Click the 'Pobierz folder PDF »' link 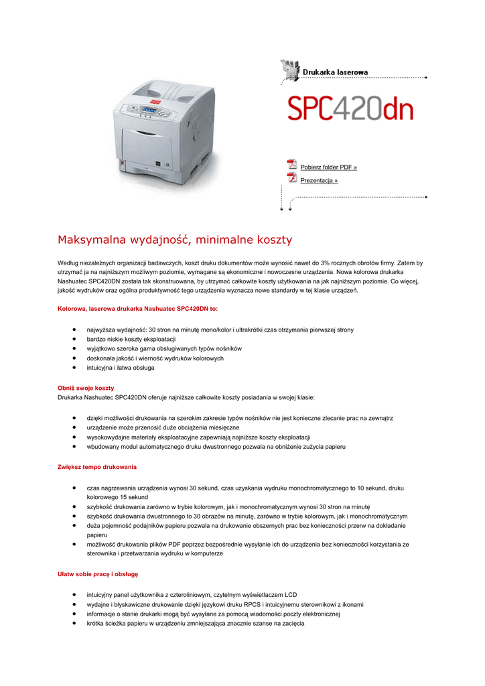point(328,167)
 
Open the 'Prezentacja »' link point(319,181)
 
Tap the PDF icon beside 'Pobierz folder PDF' point(291,165)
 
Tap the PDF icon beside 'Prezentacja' point(291,178)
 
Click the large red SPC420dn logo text point(350,109)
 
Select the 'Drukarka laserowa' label point(335,72)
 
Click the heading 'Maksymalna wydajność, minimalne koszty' point(175,240)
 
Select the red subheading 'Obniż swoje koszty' point(86,388)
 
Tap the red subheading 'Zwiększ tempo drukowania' point(97,466)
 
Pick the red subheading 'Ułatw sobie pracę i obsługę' point(98,574)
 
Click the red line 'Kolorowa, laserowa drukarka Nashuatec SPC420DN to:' point(138,309)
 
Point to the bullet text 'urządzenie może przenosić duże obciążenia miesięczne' point(163,427)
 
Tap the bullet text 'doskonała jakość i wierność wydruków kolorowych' point(155,358)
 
